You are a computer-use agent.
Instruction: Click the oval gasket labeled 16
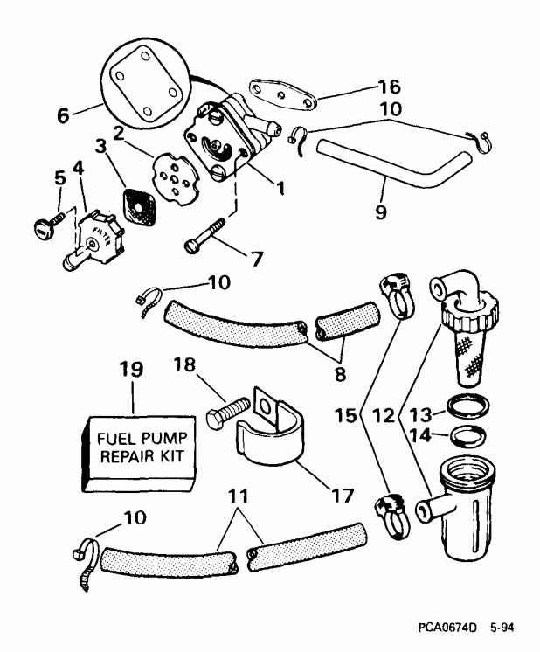click(x=274, y=91)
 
